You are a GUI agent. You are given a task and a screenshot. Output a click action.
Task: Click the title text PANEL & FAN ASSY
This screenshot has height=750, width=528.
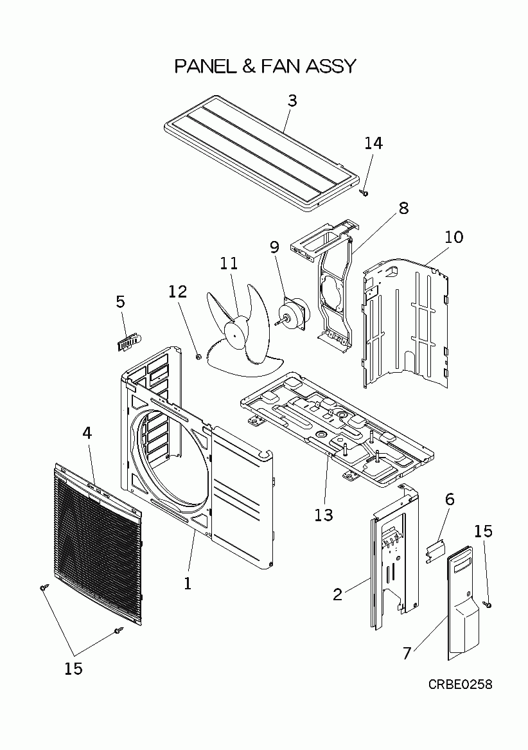tap(265, 66)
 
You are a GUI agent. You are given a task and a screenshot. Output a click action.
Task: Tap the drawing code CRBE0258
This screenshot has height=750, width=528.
tap(461, 684)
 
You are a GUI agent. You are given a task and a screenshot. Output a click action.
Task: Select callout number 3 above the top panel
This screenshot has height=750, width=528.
tap(292, 101)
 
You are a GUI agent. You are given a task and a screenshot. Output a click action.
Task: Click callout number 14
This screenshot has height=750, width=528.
tap(373, 143)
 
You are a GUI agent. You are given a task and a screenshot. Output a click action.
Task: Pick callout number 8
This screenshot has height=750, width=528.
tap(403, 208)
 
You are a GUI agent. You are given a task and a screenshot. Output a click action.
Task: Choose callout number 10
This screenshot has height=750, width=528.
tap(453, 237)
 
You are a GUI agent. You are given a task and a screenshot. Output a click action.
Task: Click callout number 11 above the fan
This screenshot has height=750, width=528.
tap(229, 263)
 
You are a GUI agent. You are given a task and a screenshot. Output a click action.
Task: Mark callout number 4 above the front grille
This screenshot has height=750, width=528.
tap(87, 433)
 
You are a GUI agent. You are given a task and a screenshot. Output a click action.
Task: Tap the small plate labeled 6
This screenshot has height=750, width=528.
tap(436, 549)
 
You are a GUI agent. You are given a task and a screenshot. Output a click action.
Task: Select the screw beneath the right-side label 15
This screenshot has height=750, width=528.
tap(488, 603)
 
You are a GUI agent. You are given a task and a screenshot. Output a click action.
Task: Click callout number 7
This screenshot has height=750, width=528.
tap(406, 653)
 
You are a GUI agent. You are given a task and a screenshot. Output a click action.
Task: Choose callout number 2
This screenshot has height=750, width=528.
tap(338, 594)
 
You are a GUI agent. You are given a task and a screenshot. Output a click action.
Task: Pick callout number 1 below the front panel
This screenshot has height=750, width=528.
tap(188, 584)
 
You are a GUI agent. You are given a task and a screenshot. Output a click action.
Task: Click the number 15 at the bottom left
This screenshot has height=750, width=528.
tap(73, 668)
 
